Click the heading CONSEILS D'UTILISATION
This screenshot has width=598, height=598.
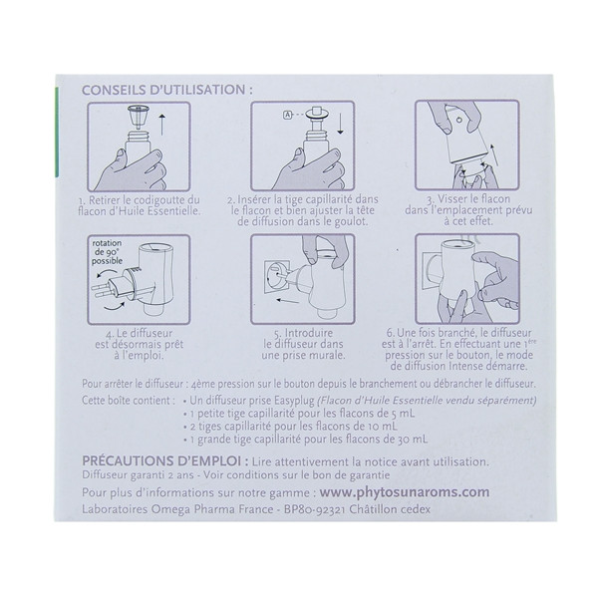tap(167, 90)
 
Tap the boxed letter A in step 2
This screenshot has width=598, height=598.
tap(287, 114)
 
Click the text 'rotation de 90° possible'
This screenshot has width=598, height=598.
tap(108, 252)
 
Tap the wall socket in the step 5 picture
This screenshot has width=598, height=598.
tap(273, 276)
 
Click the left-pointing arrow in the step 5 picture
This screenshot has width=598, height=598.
tap(288, 301)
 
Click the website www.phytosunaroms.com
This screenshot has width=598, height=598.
tap(405, 492)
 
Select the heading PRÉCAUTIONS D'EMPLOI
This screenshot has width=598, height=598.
tap(165, 461)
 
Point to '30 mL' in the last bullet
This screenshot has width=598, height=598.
tap(411, 439)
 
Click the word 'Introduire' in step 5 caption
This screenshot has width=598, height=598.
tap(309, 333)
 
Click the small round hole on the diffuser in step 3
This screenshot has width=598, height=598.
tap(459, 121)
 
